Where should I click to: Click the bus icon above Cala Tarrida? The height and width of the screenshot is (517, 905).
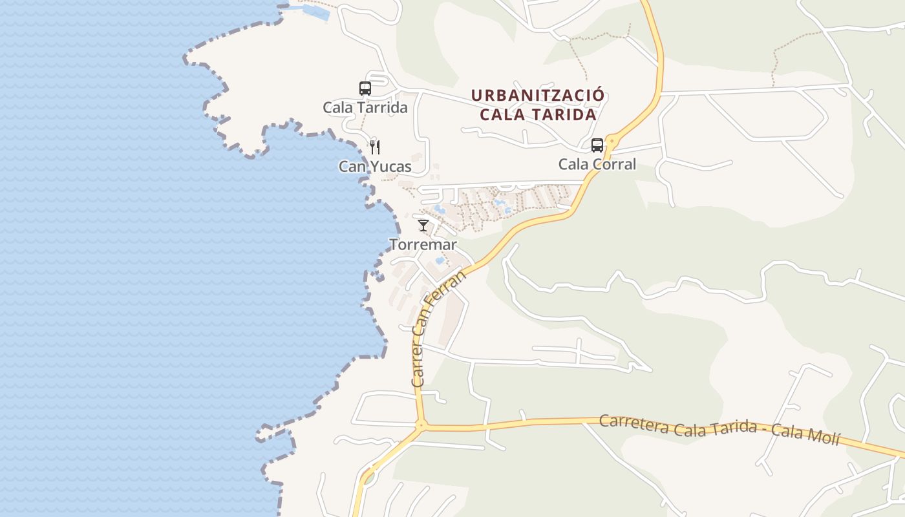[365, 89]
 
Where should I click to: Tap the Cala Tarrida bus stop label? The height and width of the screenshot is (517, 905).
[365, 107]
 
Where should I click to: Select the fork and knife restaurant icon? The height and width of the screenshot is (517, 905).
[374, 147]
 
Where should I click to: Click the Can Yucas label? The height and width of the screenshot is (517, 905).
[375, 167]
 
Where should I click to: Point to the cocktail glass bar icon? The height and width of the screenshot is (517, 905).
[423, 226]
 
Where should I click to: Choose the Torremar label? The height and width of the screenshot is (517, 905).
[423, 245]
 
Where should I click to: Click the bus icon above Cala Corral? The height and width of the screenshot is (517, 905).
[597, 145]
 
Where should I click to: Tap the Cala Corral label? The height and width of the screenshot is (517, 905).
[597, 164]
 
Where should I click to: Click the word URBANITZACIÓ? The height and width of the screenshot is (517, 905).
[538, 96]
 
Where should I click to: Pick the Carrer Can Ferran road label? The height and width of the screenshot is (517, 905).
[438, 330]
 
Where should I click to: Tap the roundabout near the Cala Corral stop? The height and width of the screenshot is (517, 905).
[611, 138]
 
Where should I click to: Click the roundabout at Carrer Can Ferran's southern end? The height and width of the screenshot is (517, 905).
[421, 425]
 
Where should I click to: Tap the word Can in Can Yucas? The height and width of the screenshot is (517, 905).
[350, 167]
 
